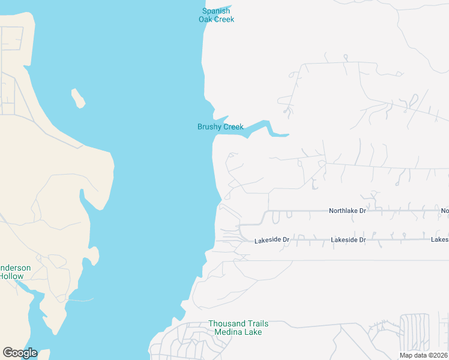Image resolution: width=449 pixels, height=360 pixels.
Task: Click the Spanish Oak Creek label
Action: pos(216,15)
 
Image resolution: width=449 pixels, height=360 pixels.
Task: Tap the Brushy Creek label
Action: pos(220,127)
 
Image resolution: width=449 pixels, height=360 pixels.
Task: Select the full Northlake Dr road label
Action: pos(347,211)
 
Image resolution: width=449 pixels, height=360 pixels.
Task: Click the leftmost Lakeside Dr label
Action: pos(272,240)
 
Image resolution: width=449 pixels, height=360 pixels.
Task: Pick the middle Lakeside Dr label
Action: pos(348,240)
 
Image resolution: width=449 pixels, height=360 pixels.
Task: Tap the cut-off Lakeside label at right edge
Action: pos(439,240)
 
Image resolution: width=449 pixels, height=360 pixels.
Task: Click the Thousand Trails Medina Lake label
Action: pos(235,328)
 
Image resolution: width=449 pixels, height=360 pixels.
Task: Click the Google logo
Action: pos(20,353)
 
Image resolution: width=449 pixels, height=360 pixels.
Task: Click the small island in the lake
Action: pos(77,98)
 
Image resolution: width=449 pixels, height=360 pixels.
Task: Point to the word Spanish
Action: pos(216,11)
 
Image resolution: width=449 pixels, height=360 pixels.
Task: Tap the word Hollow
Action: pos(11,277)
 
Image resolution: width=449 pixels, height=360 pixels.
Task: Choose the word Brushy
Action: pos(209,127)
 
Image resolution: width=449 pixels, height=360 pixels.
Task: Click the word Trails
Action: pos(254,323)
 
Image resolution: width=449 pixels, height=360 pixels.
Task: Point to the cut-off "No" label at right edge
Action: pos(445,211)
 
